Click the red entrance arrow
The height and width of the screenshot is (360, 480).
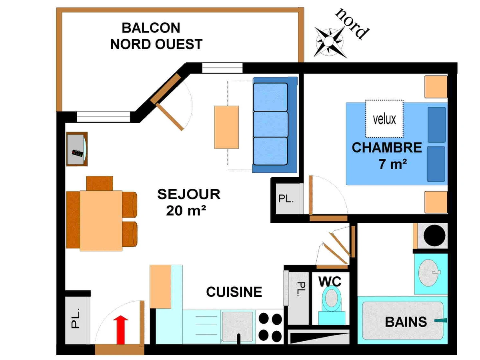click(120, 330)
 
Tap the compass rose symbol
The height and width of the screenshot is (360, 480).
click(329, 42)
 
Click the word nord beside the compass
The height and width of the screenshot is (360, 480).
click(352, 23)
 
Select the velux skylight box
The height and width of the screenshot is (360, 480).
click(384, 119)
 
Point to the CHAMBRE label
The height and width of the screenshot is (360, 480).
click(387, 148)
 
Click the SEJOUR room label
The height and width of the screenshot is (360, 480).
click(189, 194)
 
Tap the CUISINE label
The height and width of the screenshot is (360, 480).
click(234, 292)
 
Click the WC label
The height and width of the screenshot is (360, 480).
click(330, 282)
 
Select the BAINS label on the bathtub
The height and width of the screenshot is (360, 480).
click(406, 322)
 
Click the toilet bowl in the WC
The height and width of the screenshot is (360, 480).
click(332, 298)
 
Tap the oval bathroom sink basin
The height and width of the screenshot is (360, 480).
click(428, 272)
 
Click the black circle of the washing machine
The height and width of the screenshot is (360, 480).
click(434, 236)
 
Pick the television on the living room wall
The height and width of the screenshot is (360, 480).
click(77, 149)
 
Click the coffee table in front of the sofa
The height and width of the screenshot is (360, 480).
click(226, 127)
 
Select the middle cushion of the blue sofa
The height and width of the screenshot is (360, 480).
click(270, 124)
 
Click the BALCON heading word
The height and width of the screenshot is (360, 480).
click(151, 28)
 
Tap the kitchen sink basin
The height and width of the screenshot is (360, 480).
click(237, 326)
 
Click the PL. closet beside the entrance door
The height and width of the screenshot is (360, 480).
click(78, 320)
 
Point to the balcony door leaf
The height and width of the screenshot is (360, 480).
click(170, 117)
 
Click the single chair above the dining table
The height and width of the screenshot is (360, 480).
click(100, 183)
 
